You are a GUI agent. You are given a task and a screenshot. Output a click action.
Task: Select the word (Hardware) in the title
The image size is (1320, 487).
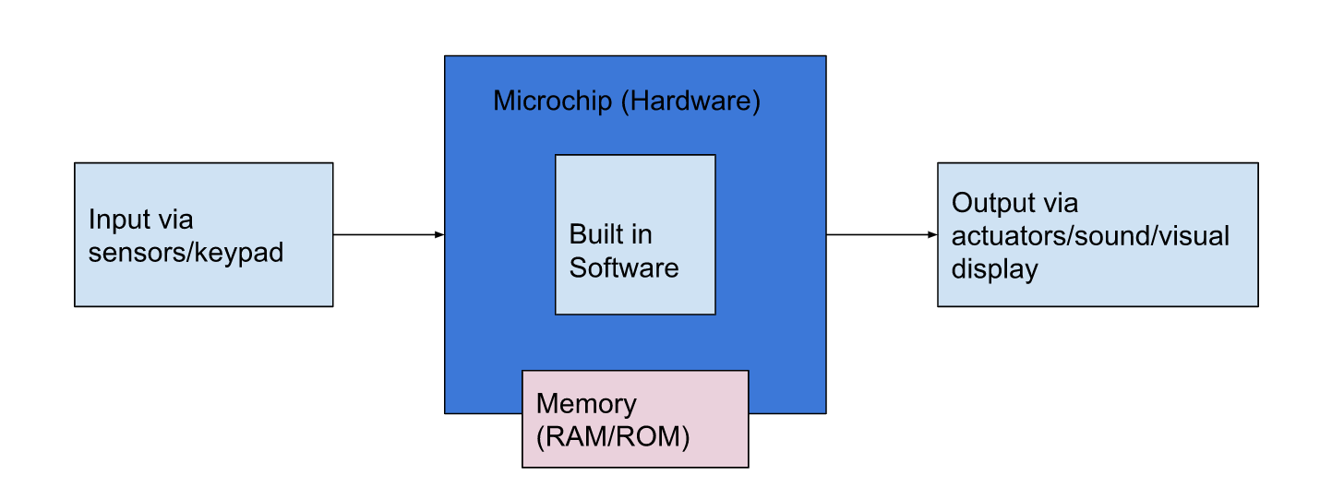(690, 101)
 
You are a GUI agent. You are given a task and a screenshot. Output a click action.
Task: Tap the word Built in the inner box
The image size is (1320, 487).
(596, 234)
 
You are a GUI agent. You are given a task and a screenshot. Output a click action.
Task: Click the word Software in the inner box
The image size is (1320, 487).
(623, 267)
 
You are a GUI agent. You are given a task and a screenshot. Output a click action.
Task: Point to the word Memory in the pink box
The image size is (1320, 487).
(585, 404)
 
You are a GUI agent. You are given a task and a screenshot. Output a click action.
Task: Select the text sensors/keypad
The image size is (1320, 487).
(186, 253)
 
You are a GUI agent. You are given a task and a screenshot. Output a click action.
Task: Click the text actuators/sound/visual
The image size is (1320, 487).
(1090, 236)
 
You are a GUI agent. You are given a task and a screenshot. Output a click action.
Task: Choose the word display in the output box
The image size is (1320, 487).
(994, 269)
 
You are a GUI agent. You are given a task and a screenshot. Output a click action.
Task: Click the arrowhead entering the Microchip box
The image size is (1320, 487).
(439, 235)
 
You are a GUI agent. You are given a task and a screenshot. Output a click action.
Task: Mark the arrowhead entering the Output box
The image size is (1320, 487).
(932, 235)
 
